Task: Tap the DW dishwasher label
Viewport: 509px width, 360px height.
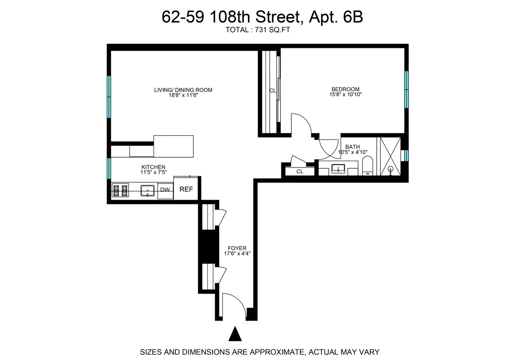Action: point(165,190)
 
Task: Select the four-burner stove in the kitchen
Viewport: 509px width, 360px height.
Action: point(120,190)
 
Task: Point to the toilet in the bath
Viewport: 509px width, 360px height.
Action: point(367,166)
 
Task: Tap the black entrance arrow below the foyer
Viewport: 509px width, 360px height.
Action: point(235,334)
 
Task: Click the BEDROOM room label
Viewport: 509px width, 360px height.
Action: point(345,89)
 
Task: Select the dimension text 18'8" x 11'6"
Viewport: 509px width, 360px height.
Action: point(183,96)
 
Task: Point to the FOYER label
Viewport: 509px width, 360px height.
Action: point(237,248)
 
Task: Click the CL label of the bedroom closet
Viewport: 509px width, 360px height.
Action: point(273,91)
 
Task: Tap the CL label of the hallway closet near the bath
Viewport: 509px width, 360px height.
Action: point(299,172)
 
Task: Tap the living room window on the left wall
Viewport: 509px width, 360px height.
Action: point(109,97)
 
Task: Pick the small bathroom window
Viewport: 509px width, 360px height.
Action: point(406,156)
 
